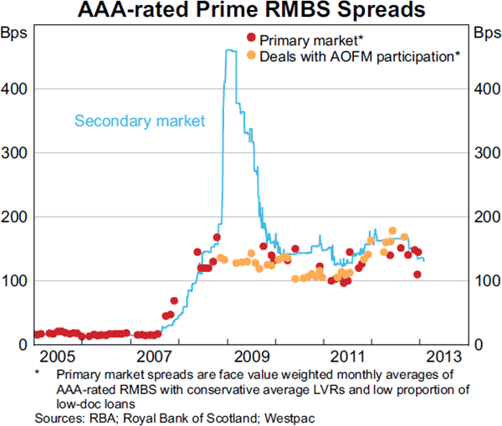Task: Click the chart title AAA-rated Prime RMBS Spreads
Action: click(x=250, y=11)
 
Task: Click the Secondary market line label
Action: click(x=140, y=121)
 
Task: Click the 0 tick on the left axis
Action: click(x=23, y=345)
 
